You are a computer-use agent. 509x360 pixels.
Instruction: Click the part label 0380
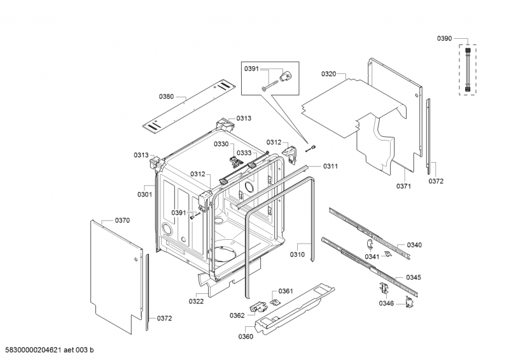coord(166,97)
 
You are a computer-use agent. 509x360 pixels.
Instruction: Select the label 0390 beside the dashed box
coord(444,39)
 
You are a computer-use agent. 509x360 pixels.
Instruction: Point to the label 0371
coord(404,186)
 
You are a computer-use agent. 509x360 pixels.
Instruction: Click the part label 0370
coord(122,220)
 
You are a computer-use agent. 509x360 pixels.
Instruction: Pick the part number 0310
coord(297,255)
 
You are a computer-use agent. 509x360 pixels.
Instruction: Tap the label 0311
coord(330,166)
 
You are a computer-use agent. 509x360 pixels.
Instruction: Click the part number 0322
coord(196,301)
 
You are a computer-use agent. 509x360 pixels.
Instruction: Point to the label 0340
coord(414,245)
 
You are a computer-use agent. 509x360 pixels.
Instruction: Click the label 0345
coord(414,277)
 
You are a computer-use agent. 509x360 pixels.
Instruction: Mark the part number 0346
coord(386,303)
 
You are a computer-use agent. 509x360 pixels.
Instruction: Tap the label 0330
coord(220,144)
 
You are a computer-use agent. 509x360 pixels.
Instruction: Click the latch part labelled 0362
coord(258,308)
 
